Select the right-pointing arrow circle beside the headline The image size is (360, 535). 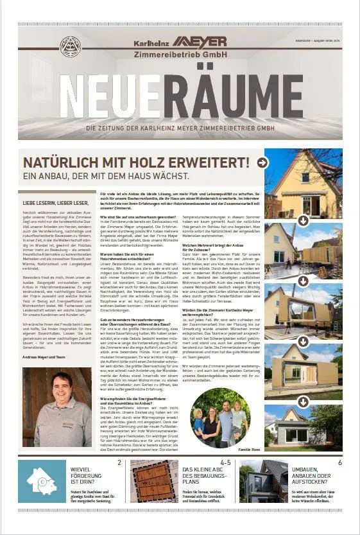(x=262, y=162)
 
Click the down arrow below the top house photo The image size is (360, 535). (x=304, y=220)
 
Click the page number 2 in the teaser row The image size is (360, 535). (x=119, y=462)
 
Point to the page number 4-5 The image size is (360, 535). (x=225, y=462)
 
